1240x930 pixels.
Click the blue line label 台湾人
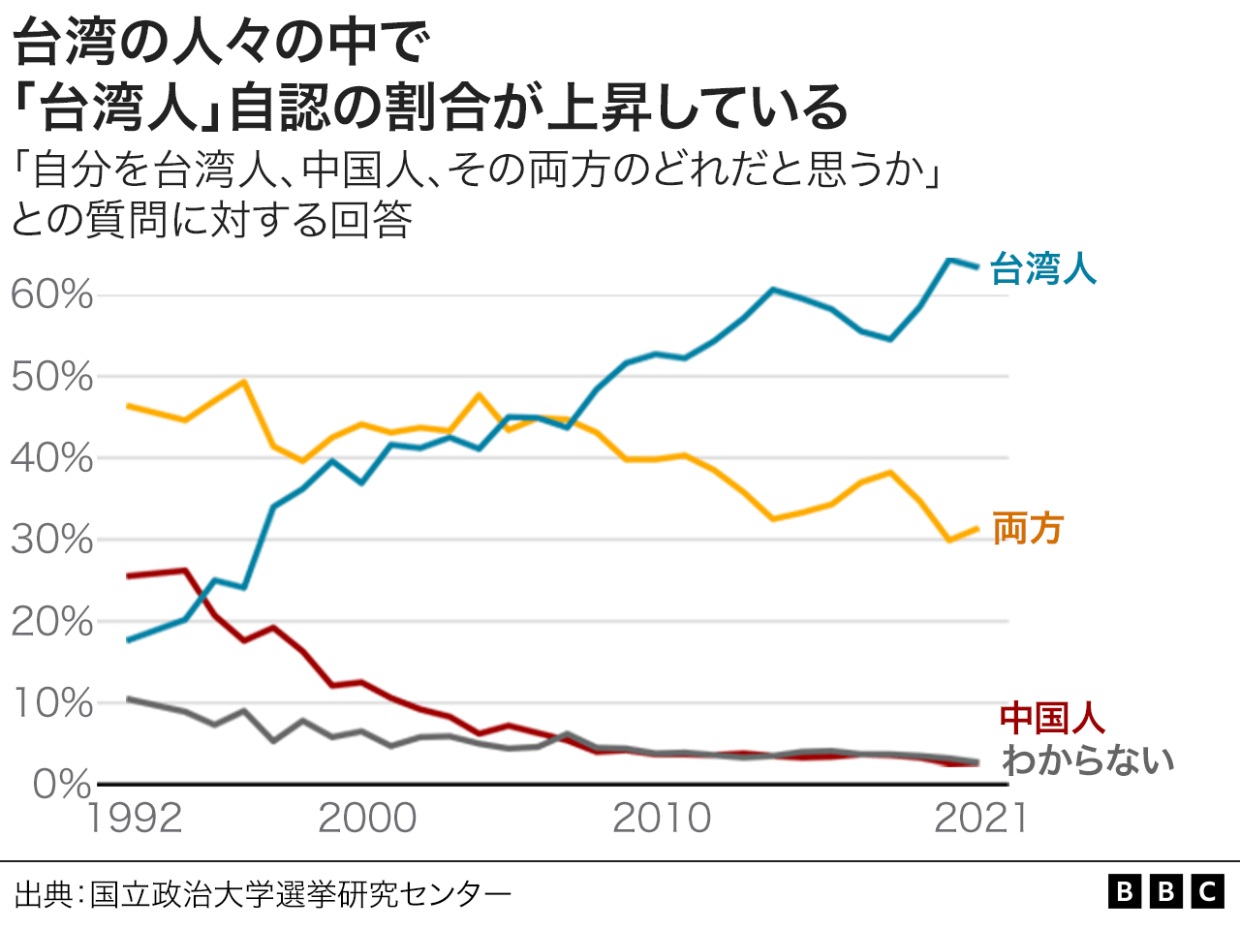point(1042,268)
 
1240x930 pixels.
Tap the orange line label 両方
point(1028,529)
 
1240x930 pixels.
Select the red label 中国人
point(1052,718)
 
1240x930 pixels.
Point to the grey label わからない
point(1088,760)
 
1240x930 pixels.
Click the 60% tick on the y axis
point(52,294)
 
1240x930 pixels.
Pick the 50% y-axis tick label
point(52,377)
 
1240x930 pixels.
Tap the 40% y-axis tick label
point(52,458)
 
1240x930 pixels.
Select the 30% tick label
point(52,540)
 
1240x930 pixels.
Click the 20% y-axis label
point(52,621)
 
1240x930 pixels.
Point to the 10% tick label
point(52,702)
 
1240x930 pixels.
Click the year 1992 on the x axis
point(135,820)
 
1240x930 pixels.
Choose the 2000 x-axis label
point(367,820)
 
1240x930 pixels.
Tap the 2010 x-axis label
point(662,820)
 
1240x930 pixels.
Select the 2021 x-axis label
point(980,820)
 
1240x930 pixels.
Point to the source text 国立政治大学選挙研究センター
point(300,893)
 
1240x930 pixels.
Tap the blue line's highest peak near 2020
point(948,260)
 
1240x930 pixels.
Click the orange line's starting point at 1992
point(129,406)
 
